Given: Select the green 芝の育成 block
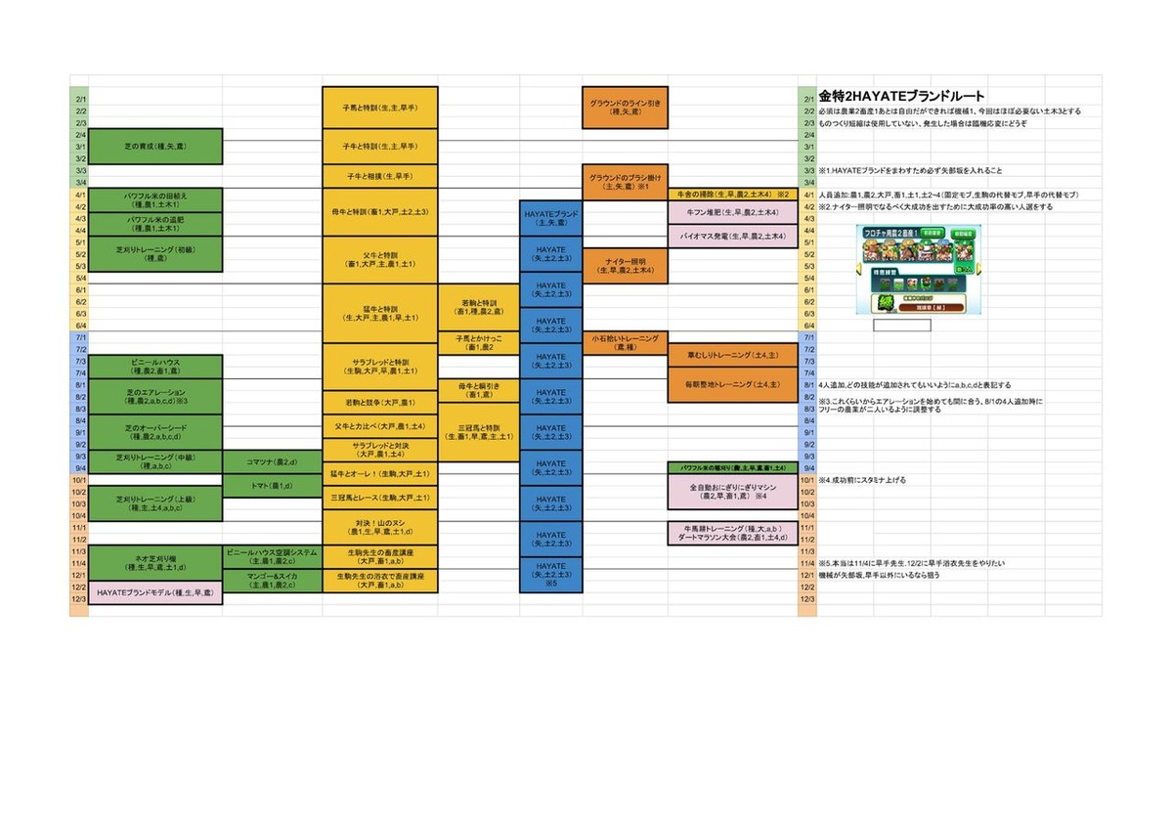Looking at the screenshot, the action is (x=156, y=147).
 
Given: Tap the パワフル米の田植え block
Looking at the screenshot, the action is (x=156, y=200).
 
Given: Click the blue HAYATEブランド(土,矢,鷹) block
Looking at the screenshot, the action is (x=551, y=218).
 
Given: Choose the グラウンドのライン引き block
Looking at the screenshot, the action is (x=625, y=108).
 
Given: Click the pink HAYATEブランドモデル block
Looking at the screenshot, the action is (x=156, y=593).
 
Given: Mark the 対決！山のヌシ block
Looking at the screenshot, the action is (x=379, y=528).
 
